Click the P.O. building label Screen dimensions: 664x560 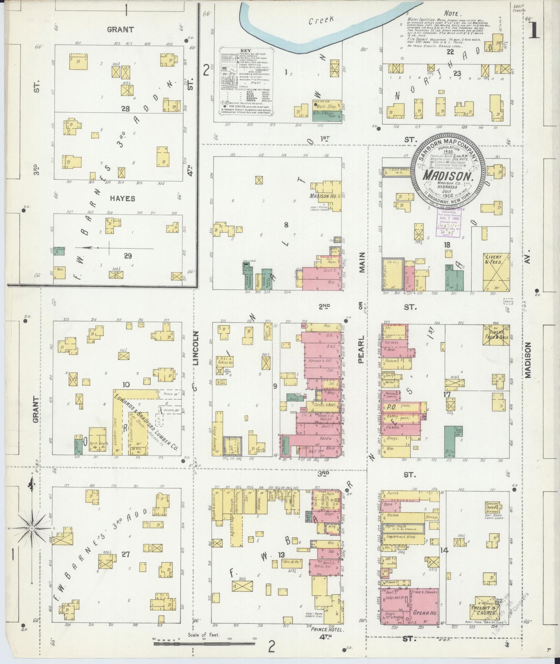click(391, 407)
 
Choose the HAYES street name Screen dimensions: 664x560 click(122, 198)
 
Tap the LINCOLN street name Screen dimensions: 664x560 click(195, 348)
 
